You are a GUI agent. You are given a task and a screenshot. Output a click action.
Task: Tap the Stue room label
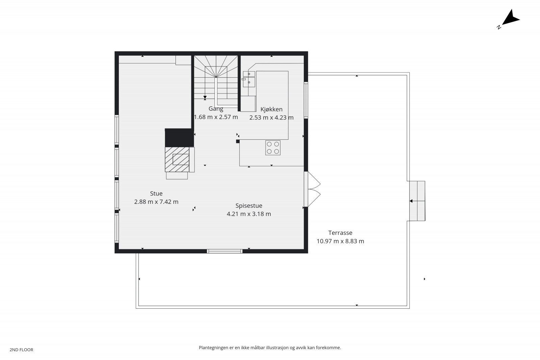(156, 193)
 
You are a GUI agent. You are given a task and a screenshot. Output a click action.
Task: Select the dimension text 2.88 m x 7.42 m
(156, 202)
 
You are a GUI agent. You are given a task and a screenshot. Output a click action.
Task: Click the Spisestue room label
(249, 205)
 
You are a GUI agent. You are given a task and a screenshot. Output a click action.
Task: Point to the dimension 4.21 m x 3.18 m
(249, 214)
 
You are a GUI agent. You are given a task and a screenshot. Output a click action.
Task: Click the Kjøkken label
(271, 109)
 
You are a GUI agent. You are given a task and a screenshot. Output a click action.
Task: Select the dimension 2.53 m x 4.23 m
(271, 117)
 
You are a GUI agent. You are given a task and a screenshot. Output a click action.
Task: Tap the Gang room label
(216, 109)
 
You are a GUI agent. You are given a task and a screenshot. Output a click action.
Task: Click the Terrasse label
(340, 232)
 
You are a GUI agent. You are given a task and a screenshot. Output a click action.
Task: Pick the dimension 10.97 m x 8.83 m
(340, 241)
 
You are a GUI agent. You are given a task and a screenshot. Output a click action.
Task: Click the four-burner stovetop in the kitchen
(273, 147)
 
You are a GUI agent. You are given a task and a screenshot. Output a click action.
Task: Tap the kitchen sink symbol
(249, 78)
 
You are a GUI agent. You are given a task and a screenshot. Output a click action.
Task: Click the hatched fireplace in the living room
(177, 159)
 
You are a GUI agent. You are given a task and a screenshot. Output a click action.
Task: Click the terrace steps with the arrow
(417, 201)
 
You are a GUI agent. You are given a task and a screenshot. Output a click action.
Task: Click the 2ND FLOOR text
(21, 350)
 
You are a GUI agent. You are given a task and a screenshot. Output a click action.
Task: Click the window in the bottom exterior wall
(224, 251)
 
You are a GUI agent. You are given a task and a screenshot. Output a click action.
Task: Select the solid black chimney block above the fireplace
(179, 137)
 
